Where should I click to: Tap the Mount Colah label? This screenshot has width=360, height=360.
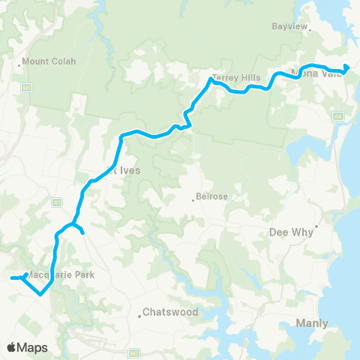point(49,61)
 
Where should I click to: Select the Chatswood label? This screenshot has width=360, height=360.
point(169,312)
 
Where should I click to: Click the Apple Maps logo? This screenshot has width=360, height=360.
point(27,347)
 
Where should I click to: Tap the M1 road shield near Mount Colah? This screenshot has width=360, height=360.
point(26,88)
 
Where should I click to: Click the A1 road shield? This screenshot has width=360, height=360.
point(56,202)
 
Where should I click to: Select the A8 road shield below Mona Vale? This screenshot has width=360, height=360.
point(338,116)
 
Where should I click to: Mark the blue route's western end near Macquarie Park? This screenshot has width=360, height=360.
point(11,279)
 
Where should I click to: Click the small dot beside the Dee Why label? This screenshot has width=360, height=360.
point(317,225)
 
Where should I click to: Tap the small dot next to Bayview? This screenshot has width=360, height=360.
point(310,31)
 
